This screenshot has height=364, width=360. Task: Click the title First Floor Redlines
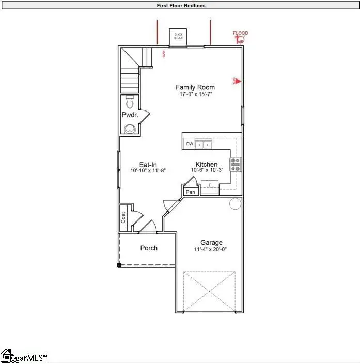(x=181, y=6)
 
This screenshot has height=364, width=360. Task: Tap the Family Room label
(x=195, y=87)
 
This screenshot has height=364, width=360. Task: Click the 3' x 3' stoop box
(x=179, y=37)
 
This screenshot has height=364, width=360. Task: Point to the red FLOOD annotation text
(x=241, y=33)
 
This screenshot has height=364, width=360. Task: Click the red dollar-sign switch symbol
(x=165, y=53)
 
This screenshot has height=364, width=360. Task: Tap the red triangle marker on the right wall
(x=239, y=81)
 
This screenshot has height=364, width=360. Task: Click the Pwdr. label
(x=129, y=114)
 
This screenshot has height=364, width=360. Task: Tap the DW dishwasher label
(x=190, y=144)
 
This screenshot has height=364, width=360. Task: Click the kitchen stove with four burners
(x=236, y=164)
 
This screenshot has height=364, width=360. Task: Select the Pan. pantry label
(x=191, y=192)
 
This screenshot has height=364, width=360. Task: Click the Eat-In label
(x=148, y=165)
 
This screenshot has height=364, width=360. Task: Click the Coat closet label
(x=123, y=217)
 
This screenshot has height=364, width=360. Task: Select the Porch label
(x=149, y=248)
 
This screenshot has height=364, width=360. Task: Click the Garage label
(x=211, y=242)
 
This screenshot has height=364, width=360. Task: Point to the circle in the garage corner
(x=235, y=203)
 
